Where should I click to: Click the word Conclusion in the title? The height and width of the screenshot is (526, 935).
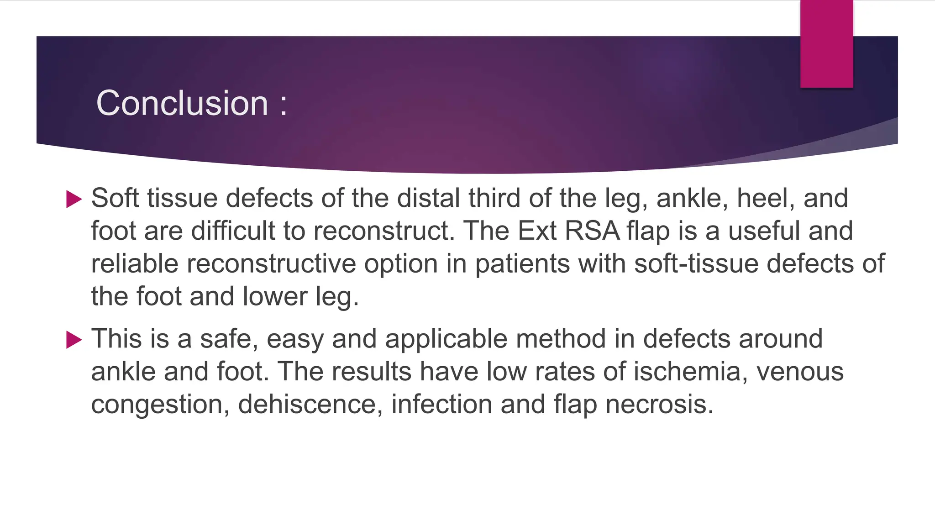(182, 103)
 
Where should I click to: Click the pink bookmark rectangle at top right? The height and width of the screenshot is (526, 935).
(826, 43)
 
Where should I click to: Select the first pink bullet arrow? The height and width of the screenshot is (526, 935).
(74, 199)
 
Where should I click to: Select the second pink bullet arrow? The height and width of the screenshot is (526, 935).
(74, 340)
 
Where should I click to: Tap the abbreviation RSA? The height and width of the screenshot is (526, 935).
(592, 231)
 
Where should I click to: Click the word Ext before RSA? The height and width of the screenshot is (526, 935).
(537, 231)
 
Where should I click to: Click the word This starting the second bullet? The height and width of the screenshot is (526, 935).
(116, 339)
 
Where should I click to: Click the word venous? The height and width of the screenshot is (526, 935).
(800, 372)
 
